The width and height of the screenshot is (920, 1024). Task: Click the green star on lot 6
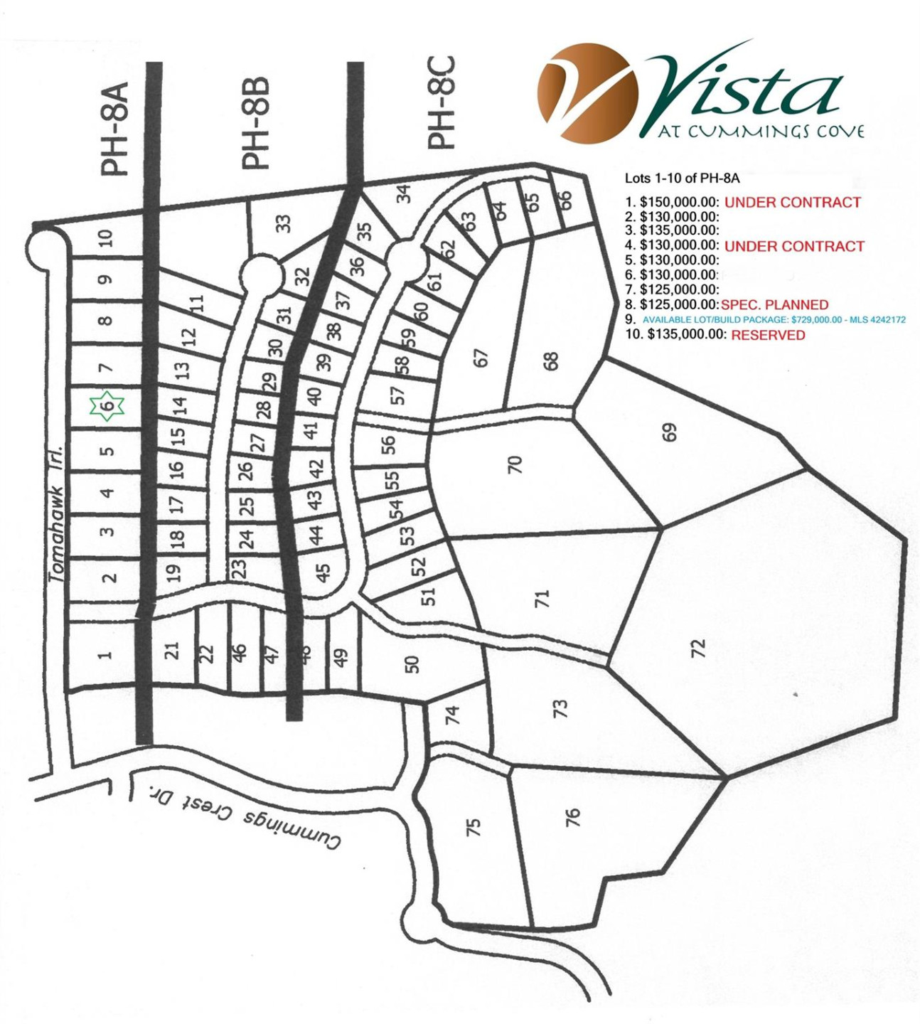(107, 406)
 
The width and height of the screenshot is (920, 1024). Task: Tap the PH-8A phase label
(114, 129)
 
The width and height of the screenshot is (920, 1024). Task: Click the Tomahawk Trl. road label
(57, 514)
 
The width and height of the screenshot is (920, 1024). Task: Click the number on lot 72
(698, 648)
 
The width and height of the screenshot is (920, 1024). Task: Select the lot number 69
(669, 432)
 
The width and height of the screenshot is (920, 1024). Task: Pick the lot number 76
(572, 817)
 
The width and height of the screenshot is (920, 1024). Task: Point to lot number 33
(284, 223)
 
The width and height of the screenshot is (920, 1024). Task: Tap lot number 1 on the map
(105, 654)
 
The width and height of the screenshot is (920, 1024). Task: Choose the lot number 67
(481, 357)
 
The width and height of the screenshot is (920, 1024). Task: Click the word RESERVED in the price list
(768, 335)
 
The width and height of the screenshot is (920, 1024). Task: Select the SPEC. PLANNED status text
(774, 305)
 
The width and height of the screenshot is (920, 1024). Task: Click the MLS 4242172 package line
(774, 320)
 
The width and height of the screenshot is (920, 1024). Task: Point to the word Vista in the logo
(747, 89)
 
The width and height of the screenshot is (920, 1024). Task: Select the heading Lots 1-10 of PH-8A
(682, 178)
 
